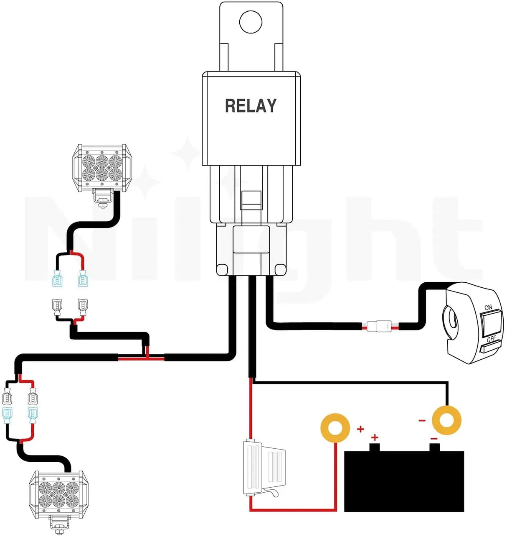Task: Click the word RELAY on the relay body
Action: [251, 106]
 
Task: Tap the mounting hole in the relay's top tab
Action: [251, 21]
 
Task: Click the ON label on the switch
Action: [488, 308]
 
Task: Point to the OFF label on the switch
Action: [491, 339]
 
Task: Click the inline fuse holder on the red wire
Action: [263, 468]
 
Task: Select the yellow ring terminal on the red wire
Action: [335, 427]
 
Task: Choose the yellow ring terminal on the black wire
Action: [446, 419]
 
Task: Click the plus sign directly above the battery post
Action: [375, 437]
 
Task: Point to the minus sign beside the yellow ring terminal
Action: [422, 420]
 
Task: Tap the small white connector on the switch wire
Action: [380, 326]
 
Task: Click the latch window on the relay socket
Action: [251, 197]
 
